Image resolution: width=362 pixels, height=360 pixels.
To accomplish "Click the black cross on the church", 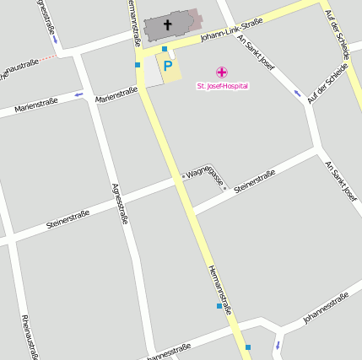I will coord(167,25).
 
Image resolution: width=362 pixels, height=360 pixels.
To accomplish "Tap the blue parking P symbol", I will coord(167,66).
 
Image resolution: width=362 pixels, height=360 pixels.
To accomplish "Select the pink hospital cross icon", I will coord(222,73).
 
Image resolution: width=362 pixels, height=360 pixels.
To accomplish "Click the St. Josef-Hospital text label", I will coord(223,86).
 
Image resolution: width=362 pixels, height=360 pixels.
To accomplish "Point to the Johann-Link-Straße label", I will coord(232,30).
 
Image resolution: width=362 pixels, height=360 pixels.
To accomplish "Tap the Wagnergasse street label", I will coord(205,175).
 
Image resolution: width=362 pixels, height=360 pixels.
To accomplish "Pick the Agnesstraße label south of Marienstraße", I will coord(120,203).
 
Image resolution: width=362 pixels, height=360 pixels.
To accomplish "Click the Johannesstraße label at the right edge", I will coord(326,309).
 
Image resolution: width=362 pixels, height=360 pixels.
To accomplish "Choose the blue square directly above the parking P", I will coord(165,49).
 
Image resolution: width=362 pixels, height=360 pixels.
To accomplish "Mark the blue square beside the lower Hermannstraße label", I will coord(219,306).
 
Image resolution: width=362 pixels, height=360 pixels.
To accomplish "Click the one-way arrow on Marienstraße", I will coord(79,94).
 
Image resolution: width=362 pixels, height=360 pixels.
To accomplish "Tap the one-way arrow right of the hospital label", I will coord(297,93).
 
